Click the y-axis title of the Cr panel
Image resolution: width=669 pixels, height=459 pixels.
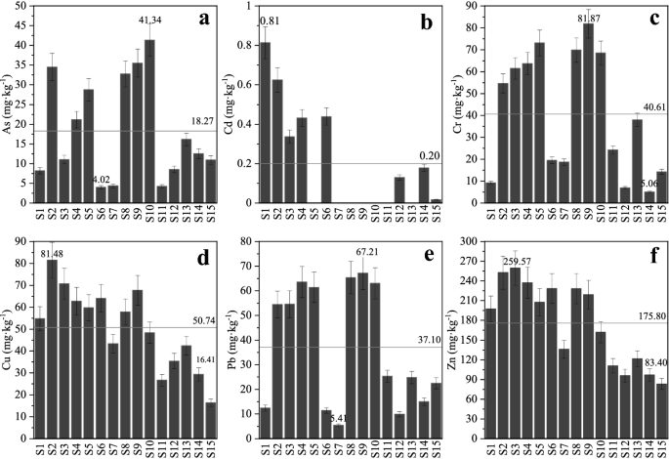coord(458,104)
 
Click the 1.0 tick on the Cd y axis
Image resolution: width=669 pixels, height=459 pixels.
coord(245,7)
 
